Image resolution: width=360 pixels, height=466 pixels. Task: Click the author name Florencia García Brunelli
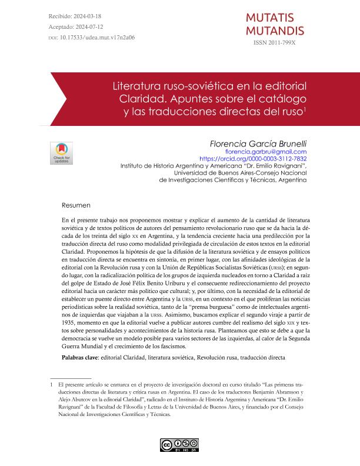click(x=259, y=143)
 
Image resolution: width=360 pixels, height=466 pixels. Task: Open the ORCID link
click(x=253, y=159)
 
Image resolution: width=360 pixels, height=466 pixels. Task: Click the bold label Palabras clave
click(x=80, y=358)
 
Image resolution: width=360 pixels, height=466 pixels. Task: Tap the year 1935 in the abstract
click(x=71, y=325)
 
